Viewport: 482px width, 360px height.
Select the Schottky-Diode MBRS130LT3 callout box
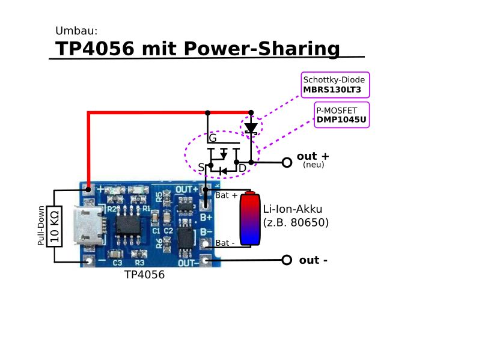(335, 85)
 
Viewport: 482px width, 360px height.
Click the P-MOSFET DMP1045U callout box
(341, 114)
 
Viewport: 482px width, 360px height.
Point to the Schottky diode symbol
(251, 127)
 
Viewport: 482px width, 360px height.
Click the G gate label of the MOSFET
(213, 139)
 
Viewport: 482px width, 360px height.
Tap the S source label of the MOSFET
(202, 166)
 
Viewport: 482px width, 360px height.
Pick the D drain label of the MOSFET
(242, 168)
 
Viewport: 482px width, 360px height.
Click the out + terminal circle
(287, 162)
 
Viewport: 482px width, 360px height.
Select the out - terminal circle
(287, 260)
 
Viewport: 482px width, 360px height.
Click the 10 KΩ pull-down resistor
(55, 226)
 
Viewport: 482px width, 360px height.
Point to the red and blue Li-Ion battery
(250, 219)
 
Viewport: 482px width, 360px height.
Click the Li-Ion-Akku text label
(293, 209)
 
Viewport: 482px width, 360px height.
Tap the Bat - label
(225, 243)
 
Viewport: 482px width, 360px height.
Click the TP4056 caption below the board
(144, 275)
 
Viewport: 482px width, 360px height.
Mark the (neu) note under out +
(314, 165)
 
